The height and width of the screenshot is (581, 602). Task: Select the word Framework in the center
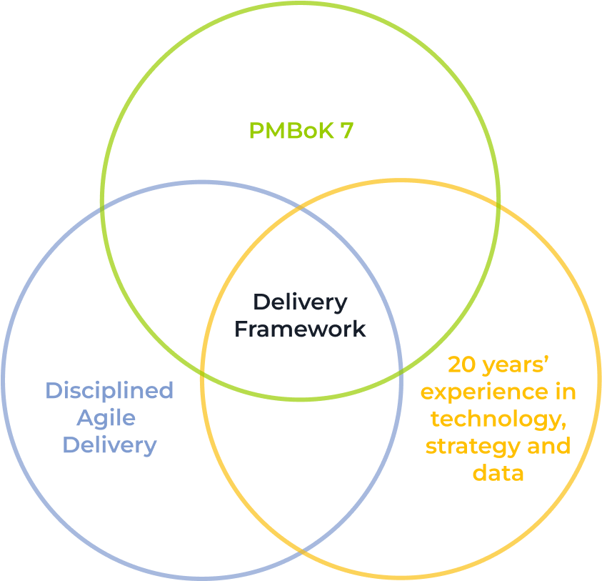(301, 329)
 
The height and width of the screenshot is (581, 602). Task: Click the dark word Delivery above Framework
(301, 302)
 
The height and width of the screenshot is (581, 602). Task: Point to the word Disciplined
(109, 391)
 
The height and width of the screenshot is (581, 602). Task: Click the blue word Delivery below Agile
(109, 445)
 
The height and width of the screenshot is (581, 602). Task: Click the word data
(498, 473)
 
